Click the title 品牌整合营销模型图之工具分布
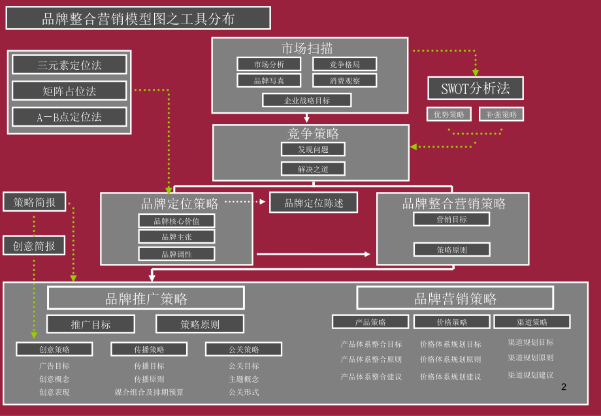(138, 18)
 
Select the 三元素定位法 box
(69, 65)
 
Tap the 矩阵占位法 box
(69, 91)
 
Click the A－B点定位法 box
(69, 117)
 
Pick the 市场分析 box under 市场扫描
(268, 64)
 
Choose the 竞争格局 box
(344, 64)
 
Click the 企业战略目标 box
(306, 101)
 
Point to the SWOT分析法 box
(475, 88)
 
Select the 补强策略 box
(501, 114)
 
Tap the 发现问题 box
(313, 149)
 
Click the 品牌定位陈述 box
(314, 202)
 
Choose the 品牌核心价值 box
(176, 221)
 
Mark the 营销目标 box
(451, 219)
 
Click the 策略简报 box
(35, 202)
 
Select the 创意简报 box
(35, 246)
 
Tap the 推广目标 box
(91, 324)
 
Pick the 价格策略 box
(451, 322)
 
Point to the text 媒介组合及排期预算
(149, 392)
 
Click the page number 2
(564, 387)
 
